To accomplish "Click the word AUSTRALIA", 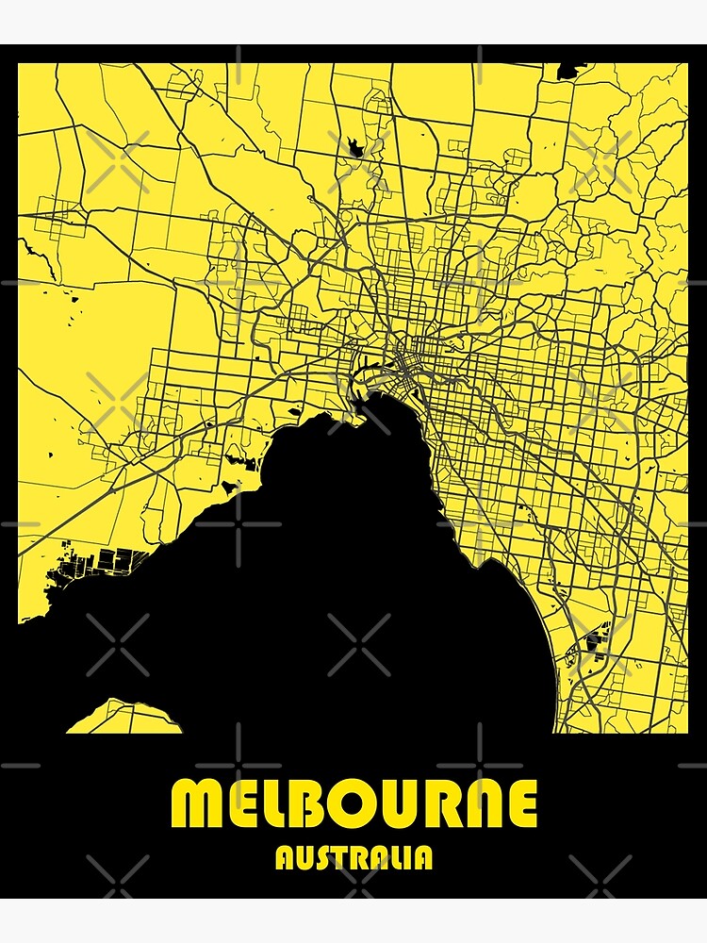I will pos(353,857).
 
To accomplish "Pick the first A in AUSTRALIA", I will pos(283,857).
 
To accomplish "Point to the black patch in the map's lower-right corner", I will pos(597,645).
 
